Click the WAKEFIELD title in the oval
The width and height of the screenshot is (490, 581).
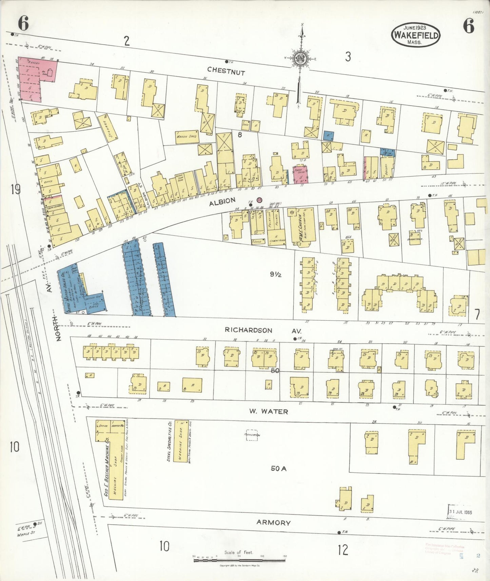point(415,35)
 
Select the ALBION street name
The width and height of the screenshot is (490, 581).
point(222,202)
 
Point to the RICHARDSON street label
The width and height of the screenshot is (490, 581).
point(249,330)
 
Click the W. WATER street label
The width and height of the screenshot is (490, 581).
point(269,412)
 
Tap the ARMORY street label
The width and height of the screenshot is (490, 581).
point(273,523)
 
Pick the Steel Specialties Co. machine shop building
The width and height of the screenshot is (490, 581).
point(181,441)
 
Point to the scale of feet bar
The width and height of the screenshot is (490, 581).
point(239,561)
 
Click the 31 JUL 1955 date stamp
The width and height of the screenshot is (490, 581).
point(460,512)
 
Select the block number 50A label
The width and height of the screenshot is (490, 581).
point(279,469)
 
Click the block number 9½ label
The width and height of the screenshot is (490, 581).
point(276,275)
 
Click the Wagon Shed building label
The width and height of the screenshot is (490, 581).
point(187,136)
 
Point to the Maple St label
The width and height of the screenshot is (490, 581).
point(26,536)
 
